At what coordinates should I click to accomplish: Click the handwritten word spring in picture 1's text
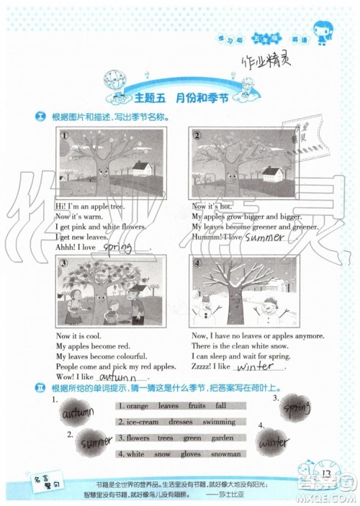point(121,246)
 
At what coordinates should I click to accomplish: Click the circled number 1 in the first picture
point(64,135)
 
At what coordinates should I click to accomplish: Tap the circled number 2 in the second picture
point(196,135)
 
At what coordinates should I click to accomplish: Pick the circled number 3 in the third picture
point(64,263)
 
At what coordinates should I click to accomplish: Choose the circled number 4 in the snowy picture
point(197,263)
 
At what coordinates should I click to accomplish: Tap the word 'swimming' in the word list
point(218,422)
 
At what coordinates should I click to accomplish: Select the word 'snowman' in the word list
point(226,454)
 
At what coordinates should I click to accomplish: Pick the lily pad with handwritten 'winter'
point(275,439)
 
